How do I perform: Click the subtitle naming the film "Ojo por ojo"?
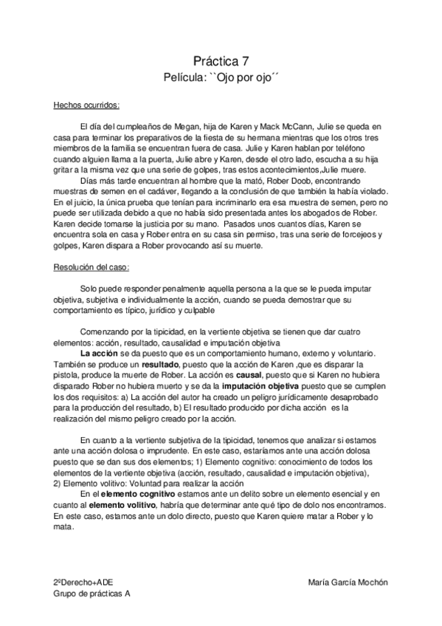click(221, 77)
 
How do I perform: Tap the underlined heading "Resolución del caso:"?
click(91, 267)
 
